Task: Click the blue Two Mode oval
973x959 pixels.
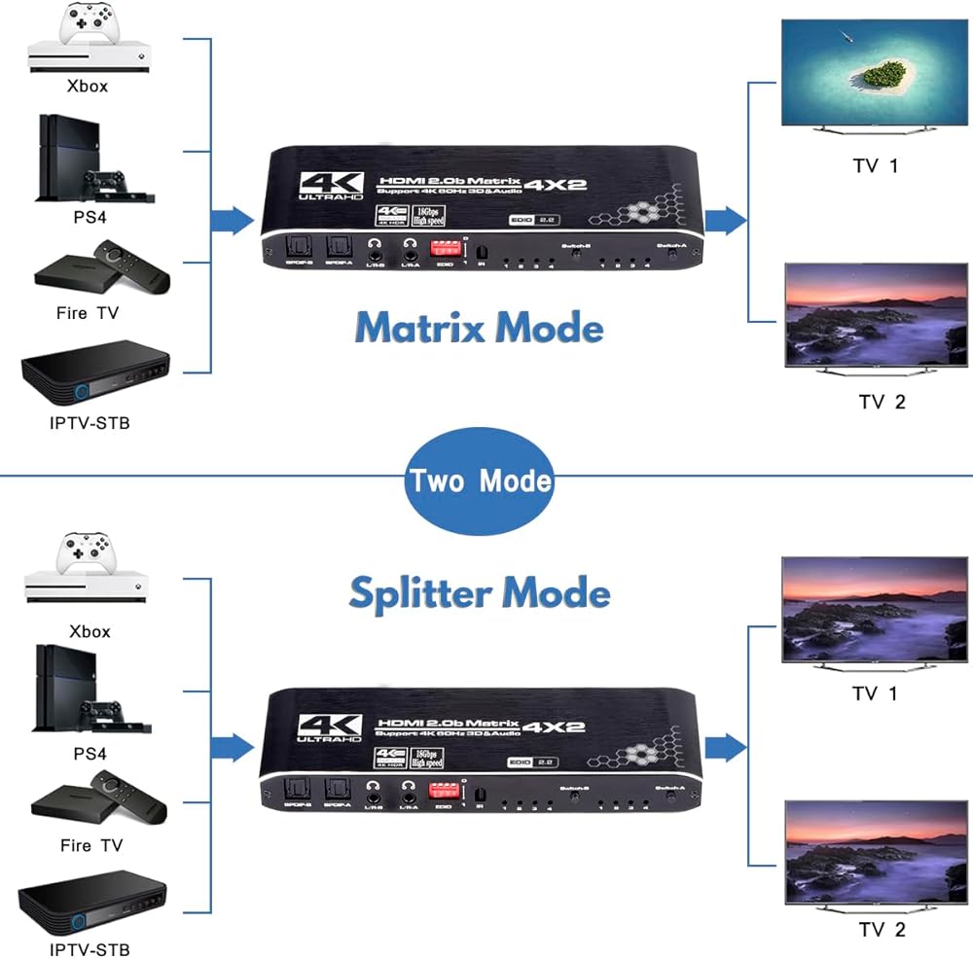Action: click(479, 480)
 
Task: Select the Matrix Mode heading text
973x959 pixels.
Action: click(479, 328)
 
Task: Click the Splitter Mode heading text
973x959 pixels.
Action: click(479, 592)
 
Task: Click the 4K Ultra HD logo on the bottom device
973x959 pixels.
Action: click(332, 727)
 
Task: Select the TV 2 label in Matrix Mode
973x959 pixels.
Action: click(882, 402)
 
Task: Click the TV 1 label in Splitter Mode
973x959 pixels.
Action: click(876, 693)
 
